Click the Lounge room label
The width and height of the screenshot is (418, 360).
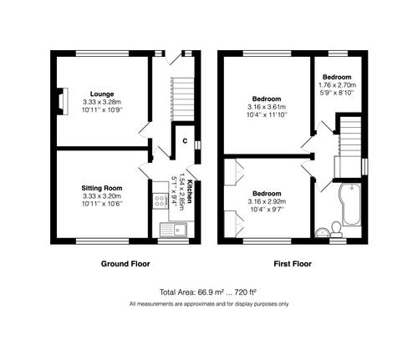point(103,94)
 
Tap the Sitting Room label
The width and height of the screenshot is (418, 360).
point(102,188)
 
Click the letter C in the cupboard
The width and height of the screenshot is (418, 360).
point(184,140)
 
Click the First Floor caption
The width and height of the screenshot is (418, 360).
point(293,264)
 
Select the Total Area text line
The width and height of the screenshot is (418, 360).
point(208,292)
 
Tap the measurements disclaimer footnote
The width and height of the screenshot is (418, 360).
point(208,303)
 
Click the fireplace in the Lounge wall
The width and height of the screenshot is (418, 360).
point(60,99)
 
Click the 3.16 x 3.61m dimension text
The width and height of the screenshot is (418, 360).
point(267,107)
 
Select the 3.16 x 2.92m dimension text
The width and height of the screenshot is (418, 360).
point(267,200)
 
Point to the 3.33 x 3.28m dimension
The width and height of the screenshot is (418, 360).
point(103,102)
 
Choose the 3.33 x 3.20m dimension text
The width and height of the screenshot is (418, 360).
point(102,196)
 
